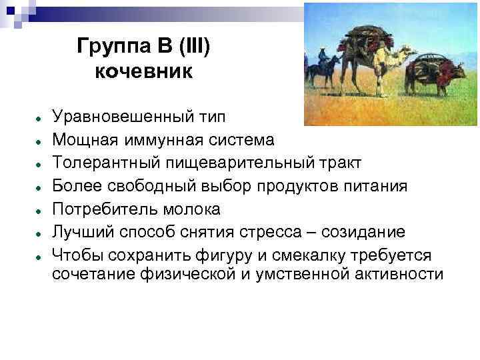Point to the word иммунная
coord(159,140)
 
